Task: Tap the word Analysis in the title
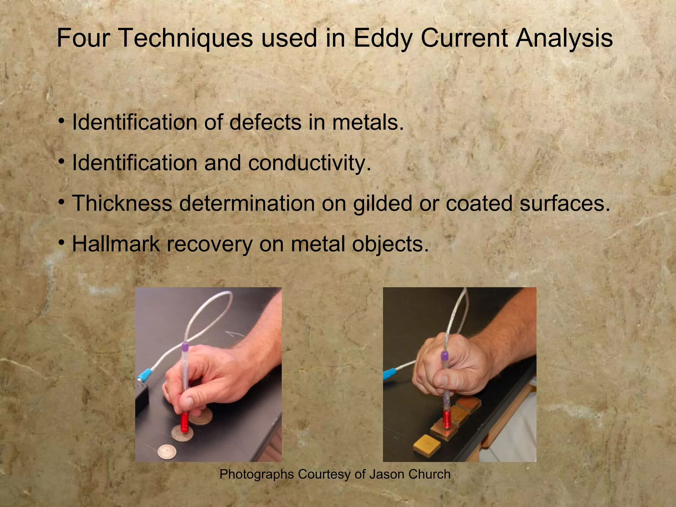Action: point(564,39)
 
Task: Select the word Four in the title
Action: point(83,38)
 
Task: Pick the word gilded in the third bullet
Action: point(382,203)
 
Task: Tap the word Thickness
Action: point(122,203)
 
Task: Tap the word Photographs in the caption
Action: point(256,474)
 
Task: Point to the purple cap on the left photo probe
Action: point(185,347)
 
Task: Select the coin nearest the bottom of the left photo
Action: point(167,452)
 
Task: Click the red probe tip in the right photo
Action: point(447,419)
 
